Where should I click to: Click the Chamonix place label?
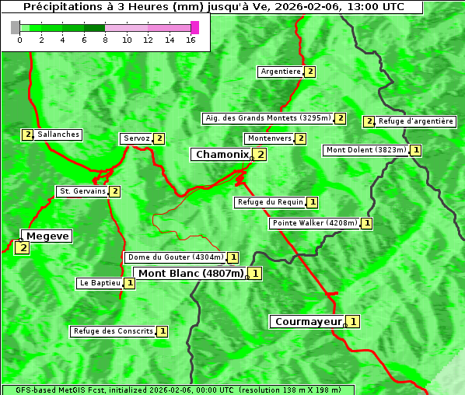coord(222,155)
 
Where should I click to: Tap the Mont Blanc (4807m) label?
coord(191,273)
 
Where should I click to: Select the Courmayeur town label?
coord(308,321)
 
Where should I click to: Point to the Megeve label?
coord(47,236)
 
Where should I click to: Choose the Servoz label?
coord(136,138)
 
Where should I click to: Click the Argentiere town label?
coord(281,72)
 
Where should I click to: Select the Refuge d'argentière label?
coord(415,121)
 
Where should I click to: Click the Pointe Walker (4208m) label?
coord(315,223)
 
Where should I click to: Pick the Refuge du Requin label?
coord(270,202)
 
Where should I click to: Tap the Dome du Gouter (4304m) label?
coord(175,257)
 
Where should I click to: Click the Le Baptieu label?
coord(100,283)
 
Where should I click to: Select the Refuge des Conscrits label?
coord(113,331)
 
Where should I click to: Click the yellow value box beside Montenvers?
coord(300,138)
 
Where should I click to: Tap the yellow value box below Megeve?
coord(22,248)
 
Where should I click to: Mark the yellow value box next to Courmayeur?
coord(353,321)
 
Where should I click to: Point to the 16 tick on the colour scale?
coord(191,40)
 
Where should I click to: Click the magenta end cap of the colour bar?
coord(194,27)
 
